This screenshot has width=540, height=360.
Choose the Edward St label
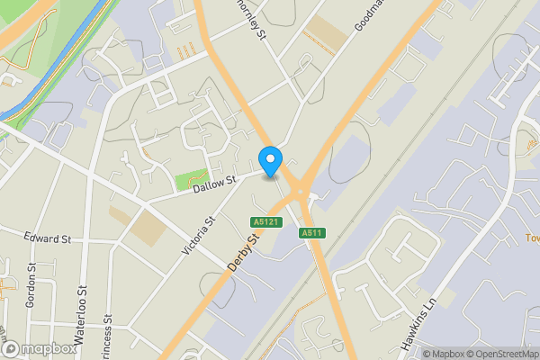click(48, 238)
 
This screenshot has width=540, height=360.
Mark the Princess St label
click(107, 333)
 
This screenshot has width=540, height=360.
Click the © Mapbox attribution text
click(443, 354)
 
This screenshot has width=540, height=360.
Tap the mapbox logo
click(38, 348)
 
